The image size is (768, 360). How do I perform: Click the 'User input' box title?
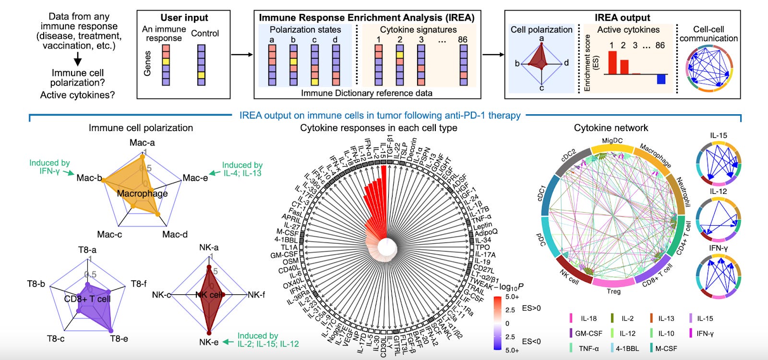point(184,18)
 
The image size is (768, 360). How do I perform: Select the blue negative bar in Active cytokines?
point(661,79)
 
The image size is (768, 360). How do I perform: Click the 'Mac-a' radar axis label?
point(142,143)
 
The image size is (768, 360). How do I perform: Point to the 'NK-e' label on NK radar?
point(209,342)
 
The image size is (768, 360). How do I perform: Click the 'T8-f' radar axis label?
point(139,284)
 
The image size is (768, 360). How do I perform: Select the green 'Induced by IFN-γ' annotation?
point(49,167)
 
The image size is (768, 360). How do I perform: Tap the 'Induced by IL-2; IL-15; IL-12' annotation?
point(268,340)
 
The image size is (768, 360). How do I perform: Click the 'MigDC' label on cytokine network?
point(612,141)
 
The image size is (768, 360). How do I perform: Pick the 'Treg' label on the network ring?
point(613,291)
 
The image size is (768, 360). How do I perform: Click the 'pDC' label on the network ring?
point(541,240)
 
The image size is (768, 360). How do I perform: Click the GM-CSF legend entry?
point(588,333)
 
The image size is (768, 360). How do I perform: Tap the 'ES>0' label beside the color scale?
point(531,308)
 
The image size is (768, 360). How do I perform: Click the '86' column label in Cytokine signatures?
point(462,39)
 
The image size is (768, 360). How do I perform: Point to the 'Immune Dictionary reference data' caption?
point(366,93)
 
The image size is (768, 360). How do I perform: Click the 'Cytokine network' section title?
point(611,128)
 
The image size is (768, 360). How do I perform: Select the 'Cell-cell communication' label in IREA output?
point(708,34)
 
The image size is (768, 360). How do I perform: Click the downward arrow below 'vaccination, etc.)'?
point(77,60)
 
